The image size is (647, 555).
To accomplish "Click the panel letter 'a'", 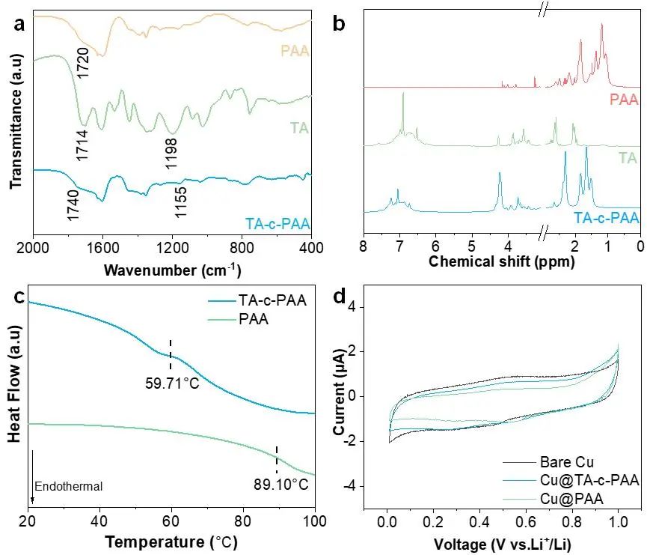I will [20, 22].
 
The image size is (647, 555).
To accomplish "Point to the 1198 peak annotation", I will [172, 152].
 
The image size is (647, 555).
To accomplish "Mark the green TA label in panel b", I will [628, 158].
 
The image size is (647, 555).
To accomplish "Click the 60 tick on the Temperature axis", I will [171, 520].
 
